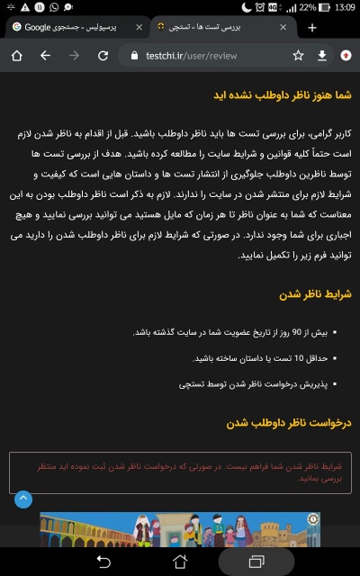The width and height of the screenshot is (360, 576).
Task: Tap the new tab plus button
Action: [x=312, y=28]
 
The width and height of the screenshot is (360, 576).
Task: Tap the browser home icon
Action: [x=16, y=56]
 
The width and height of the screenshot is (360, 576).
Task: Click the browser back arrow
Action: [x=45, y=56]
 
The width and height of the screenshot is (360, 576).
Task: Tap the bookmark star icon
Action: [x=298, y=56]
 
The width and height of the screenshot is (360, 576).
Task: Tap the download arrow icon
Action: [x=322, y=56]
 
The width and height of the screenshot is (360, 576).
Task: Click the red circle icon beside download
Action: [x=346, y=56]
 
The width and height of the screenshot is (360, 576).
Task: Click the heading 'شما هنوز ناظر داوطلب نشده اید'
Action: [x=282, y=94]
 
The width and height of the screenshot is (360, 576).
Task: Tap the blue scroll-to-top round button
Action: [x=22, y=498]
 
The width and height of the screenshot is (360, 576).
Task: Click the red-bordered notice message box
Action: [x=180, y=472]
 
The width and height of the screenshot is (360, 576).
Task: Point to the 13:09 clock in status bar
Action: [x=344, y=7]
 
